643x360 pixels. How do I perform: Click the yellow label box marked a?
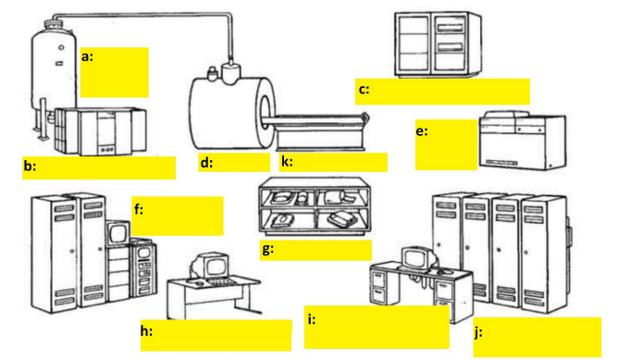coord(114,72)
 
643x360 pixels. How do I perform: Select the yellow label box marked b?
coord(98,168)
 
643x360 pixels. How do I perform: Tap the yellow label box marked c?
coord(442,92)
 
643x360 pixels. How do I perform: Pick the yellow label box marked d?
coord(233,163)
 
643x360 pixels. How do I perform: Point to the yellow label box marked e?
coord(446,144)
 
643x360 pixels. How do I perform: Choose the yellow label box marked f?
coord(178,216)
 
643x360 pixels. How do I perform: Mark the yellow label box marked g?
coord(315,250)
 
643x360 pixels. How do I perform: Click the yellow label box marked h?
coord(216,335)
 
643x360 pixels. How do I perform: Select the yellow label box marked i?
coord(377,327)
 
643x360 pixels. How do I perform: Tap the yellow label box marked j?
coord(537,337)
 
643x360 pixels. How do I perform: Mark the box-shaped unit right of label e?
coord(520,142)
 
